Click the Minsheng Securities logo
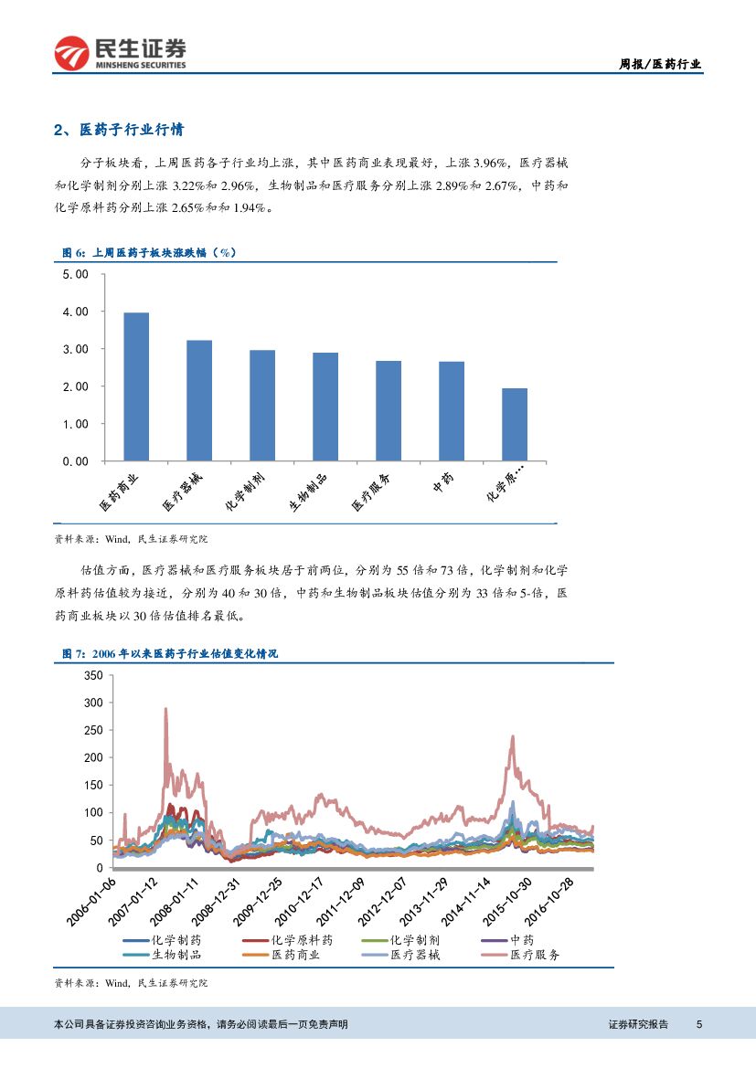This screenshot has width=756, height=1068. [120, 53]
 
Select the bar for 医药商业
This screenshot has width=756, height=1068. [136, 386]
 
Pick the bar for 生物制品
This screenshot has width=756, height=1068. [325, 407]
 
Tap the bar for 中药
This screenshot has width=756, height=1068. [452, 411]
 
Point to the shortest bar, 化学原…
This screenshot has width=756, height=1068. [514, 425]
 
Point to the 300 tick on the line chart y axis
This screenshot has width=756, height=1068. [93, 703]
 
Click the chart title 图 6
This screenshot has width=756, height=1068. [148, 253]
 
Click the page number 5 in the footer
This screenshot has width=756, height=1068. [699, 1024]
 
